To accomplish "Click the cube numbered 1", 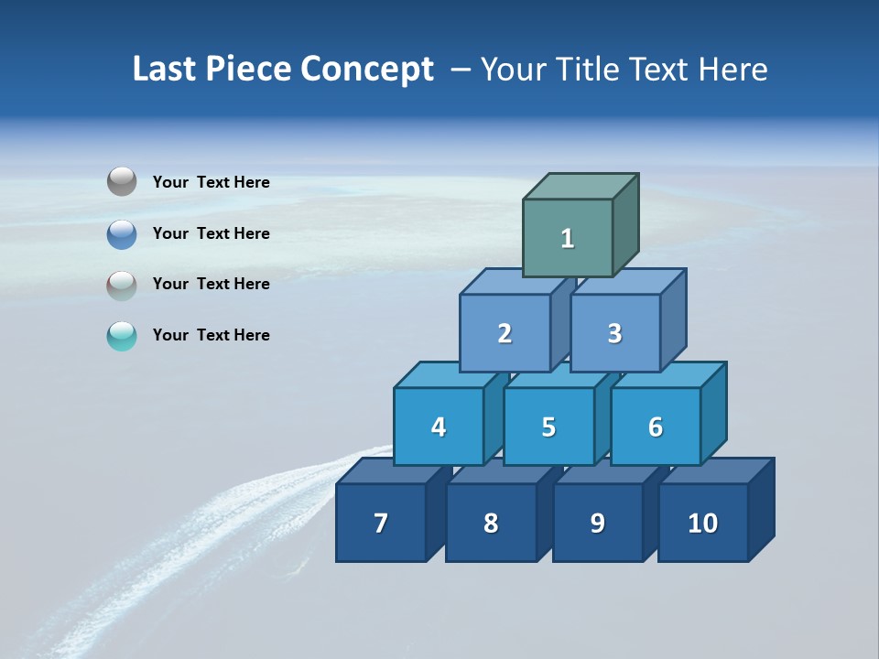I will [568, 238].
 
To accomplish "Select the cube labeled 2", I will [505, 333].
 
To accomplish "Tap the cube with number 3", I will [614, 333].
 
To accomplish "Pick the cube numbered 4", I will [439, 427].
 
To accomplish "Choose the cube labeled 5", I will [548, 427].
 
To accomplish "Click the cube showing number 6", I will [656, 427].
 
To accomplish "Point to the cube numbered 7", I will [381, 523].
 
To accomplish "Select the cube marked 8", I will [491, 523].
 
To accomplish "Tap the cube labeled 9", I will [597, 523].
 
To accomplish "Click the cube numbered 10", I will [703, 523].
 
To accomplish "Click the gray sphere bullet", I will [122, 181].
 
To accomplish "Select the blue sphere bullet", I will [122, 233].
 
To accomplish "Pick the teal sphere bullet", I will [122, 336].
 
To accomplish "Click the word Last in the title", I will [165, 69].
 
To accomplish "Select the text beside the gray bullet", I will [212, 182].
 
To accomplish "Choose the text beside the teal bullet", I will [212, 335].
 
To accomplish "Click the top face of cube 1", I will [581, 186].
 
